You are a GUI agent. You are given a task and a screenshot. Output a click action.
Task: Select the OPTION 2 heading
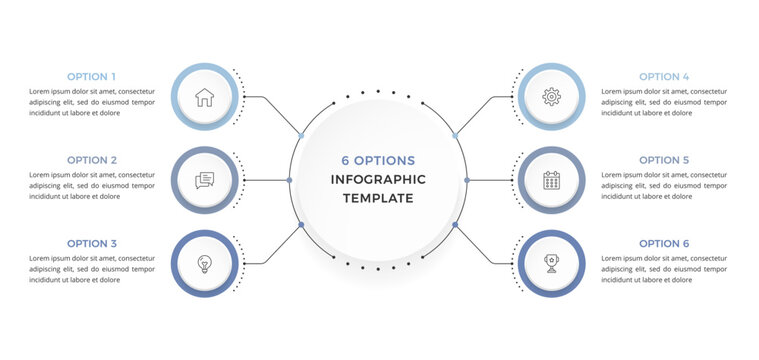point(92,160)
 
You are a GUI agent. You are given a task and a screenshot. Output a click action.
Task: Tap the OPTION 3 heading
point(92,243)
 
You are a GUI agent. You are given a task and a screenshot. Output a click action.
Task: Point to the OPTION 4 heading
point(664,76)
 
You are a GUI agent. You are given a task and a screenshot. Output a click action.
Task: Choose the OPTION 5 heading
point(664,160)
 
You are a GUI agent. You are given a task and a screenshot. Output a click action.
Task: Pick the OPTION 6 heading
point(664,243)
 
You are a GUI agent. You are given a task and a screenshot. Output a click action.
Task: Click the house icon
point(205,97)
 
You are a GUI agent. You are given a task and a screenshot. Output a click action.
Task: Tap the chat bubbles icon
point(205,180)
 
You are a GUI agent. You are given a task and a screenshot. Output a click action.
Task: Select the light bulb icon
point(205,264)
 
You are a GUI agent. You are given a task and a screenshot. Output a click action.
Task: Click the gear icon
point(551,97)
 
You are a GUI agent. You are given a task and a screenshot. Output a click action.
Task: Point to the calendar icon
point(551,180)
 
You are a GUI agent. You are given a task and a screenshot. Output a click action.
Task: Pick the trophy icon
point(551,264)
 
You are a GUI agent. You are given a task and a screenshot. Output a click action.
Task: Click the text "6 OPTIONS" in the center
point(378,161)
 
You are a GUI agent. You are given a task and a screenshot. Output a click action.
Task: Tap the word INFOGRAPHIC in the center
point(378,180)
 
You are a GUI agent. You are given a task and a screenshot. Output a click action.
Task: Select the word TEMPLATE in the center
point(378,198)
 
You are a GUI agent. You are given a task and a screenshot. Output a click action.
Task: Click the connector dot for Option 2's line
point(289,180)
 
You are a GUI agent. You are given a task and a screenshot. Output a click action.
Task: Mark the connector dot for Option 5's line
point(467,180)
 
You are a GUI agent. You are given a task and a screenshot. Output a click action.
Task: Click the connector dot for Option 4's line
point(455,135)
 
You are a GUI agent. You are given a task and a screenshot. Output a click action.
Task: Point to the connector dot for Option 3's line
point(301,225)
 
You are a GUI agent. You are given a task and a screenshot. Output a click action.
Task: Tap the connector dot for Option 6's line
point(455,225)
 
